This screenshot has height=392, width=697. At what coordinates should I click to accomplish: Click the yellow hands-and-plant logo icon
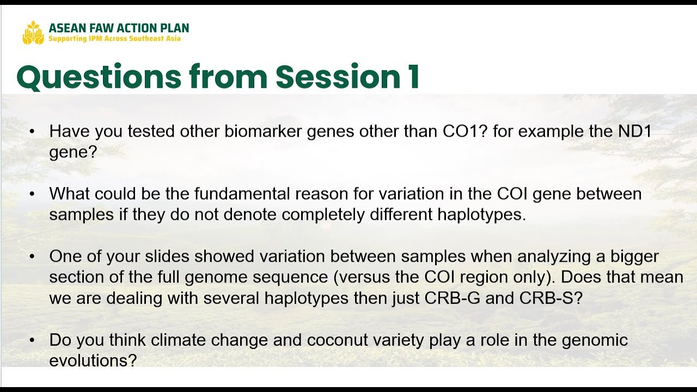coord(33,33)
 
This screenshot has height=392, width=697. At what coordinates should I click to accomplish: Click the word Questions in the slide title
coord(99,77)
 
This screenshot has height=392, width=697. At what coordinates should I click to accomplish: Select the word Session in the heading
coord(338,77)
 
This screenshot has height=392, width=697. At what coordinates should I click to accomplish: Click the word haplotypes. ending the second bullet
coord(482,215)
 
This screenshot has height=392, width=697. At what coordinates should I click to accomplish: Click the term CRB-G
coord(453,298)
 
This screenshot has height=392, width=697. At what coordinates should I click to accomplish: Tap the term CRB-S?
coord(551,298)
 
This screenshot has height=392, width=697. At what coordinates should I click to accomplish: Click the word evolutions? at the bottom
coord(93,360)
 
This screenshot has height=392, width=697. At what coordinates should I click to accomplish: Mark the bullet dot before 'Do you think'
coord(32,340)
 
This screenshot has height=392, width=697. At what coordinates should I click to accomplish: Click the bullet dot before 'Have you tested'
coord(32,132)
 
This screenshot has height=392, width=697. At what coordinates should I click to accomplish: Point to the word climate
coord(178,340)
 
